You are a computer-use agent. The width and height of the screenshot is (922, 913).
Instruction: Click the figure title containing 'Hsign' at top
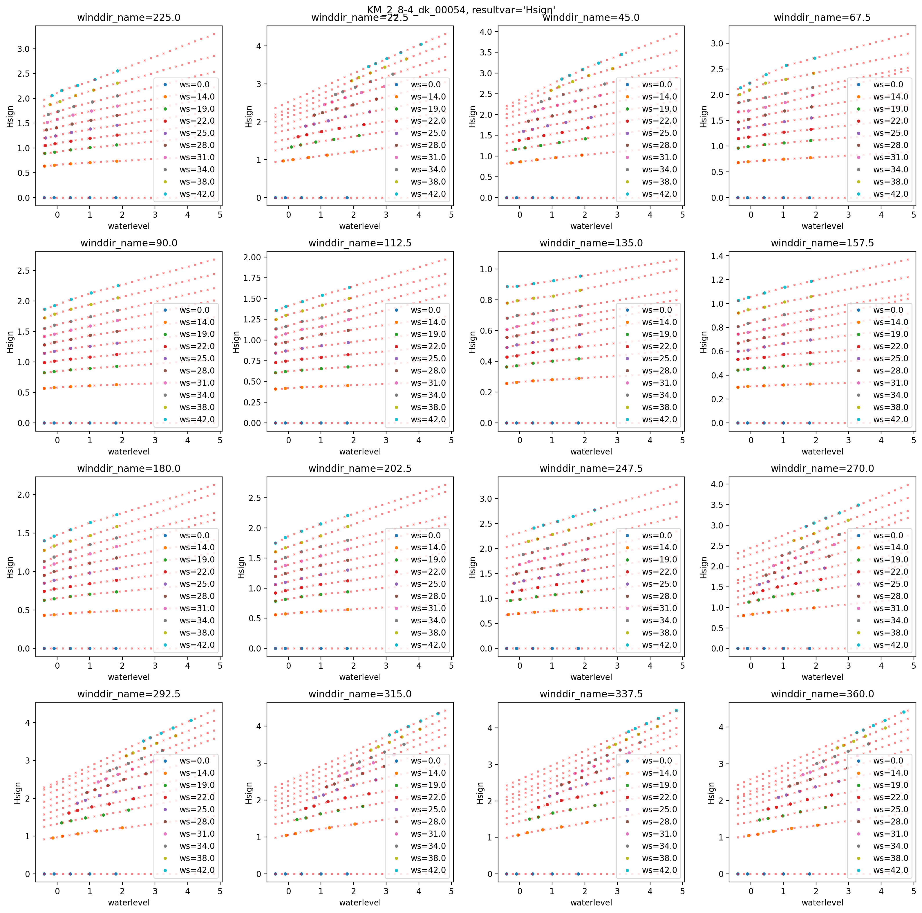[461, 10]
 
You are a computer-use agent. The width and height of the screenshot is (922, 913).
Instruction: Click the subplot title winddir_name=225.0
[129, 18]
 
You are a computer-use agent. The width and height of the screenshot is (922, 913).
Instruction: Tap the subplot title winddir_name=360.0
[822, 694]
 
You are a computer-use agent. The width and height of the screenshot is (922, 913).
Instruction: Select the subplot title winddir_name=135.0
[591, 243]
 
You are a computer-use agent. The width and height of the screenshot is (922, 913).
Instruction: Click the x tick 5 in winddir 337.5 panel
[682, 891]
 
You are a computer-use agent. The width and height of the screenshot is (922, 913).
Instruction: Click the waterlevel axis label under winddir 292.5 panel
[129, 903]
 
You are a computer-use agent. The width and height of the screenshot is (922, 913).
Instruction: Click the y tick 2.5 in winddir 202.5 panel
[254, 498]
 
